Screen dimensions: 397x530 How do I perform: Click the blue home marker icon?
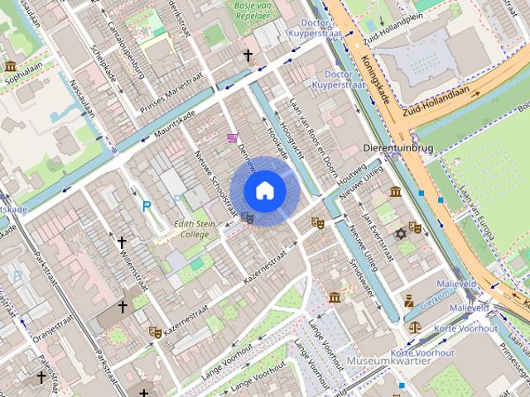(x=264, y=190)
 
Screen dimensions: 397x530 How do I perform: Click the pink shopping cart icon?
(x=233, y=137)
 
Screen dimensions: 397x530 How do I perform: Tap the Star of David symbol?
(x=401, y=233)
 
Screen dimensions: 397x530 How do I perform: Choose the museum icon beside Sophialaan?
(x=10, y=66)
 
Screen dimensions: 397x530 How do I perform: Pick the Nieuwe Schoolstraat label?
(x=215, y=185)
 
